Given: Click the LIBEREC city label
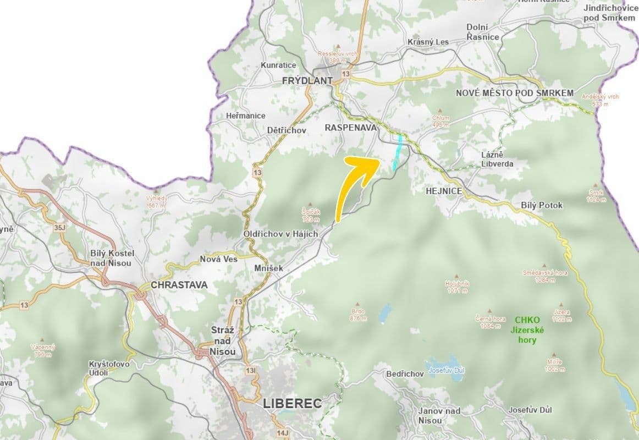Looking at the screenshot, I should tap(293, 403).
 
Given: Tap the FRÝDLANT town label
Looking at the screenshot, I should tap(307, 80).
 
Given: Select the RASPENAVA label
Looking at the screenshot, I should tap(351, 128).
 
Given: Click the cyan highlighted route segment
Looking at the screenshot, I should tap(397, 151).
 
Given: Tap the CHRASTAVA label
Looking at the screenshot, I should tap(179, 285).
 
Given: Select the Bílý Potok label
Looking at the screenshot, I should tap(542, 205).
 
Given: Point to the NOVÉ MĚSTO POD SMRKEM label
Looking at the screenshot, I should tap(515, 94).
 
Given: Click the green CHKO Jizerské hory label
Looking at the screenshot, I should tap(527, 329).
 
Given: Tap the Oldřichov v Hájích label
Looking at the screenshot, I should tap(281, 234).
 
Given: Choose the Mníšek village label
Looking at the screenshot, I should tap(268, 268).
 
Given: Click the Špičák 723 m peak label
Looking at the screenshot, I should tap(311, 215).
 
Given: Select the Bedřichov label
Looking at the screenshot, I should tap(405, 374).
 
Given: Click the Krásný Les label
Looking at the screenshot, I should tap(428, 42).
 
